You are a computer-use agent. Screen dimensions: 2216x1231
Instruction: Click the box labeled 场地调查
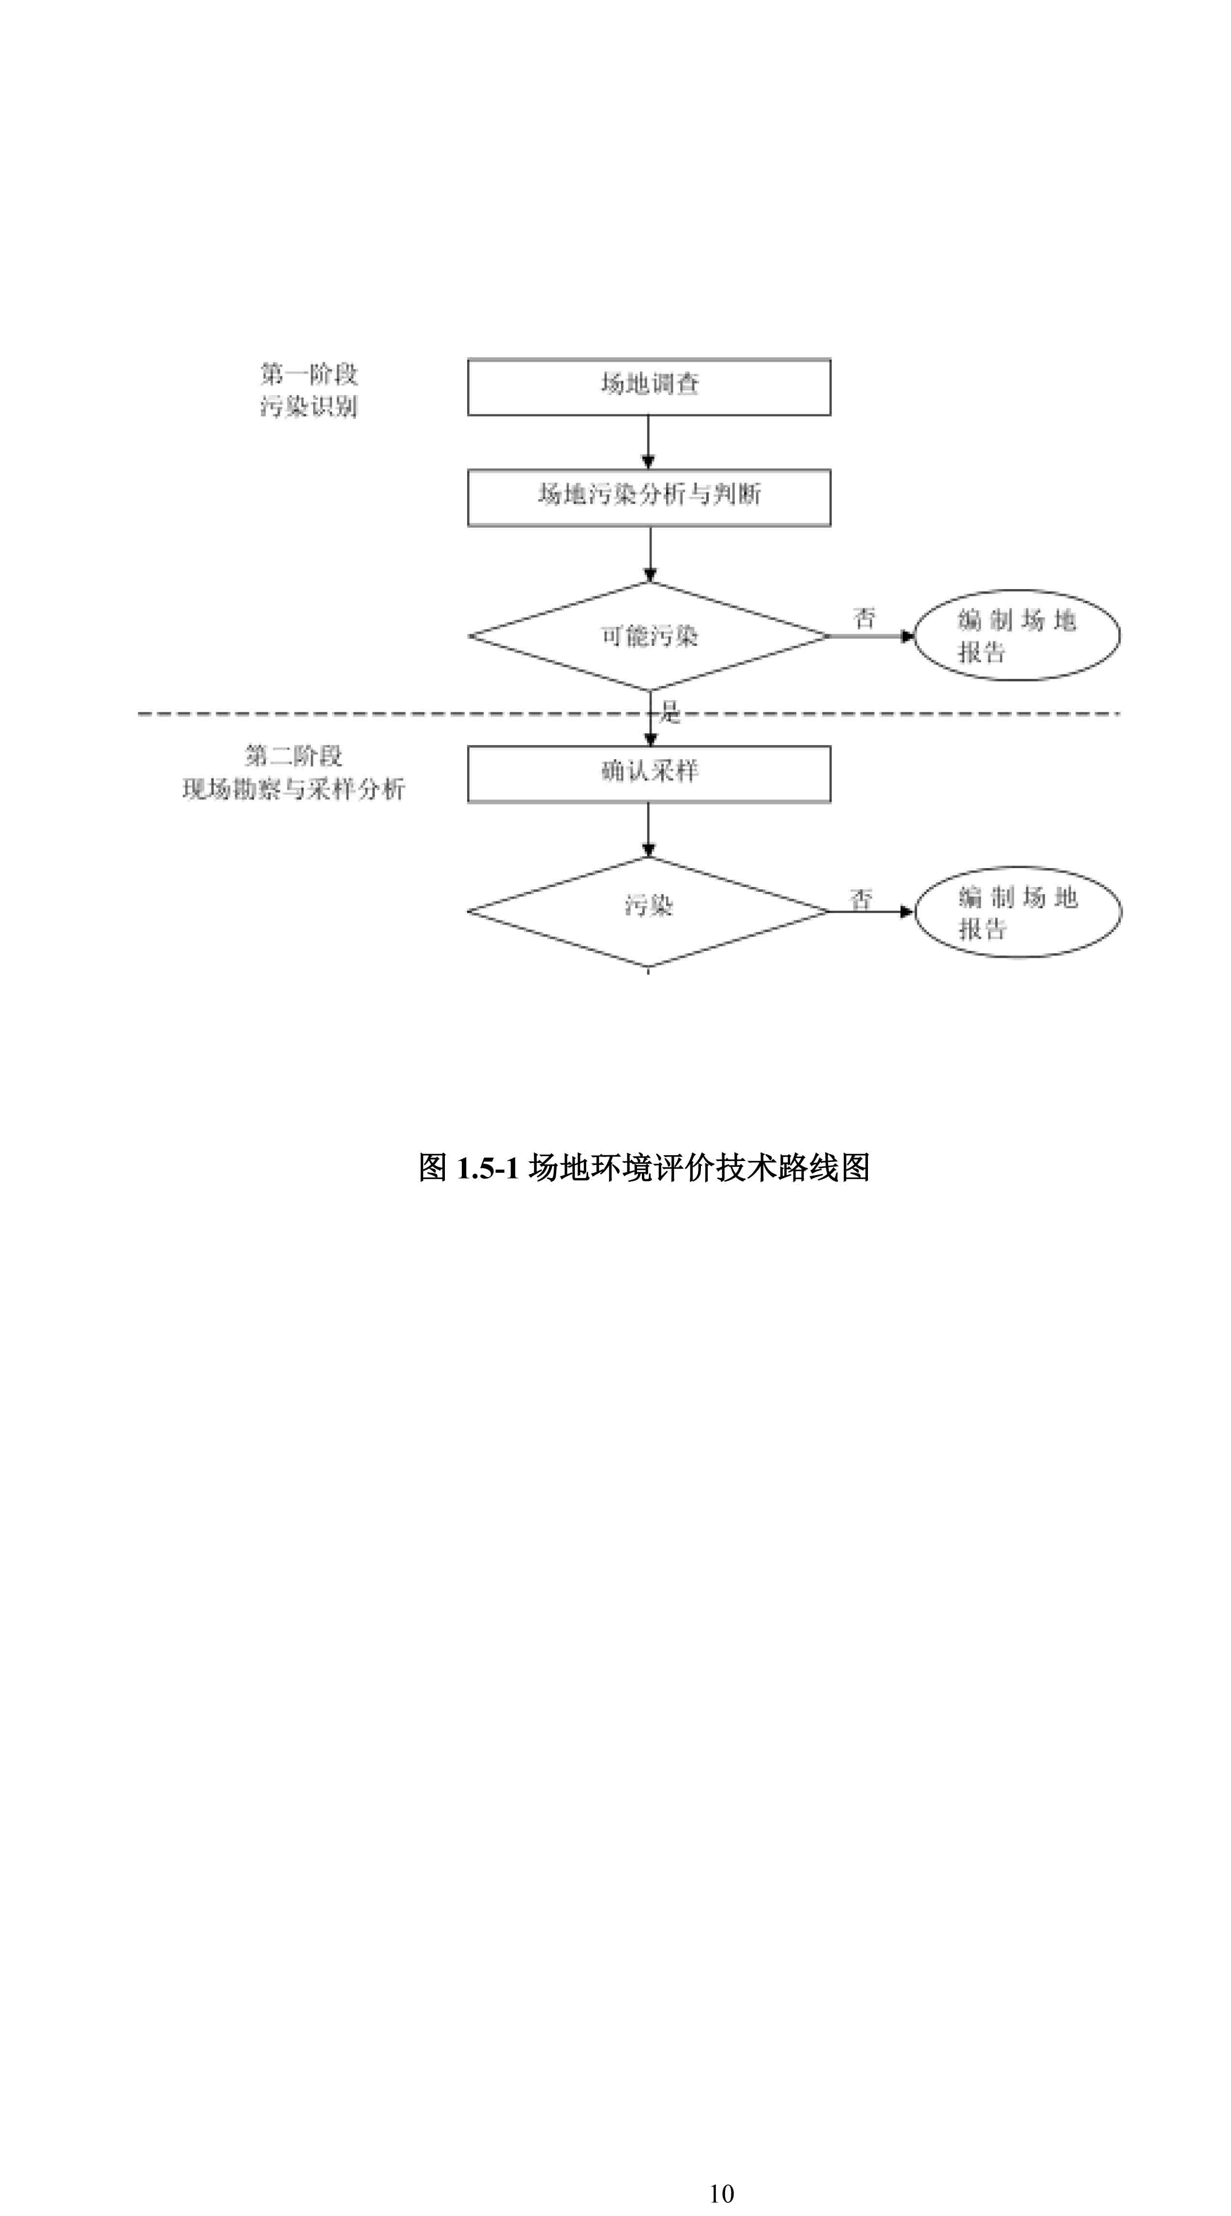tap(649, 387)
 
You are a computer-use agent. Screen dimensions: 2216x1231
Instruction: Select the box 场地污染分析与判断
tap(649, 497)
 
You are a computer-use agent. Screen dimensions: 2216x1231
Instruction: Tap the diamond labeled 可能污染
tap(649, 637)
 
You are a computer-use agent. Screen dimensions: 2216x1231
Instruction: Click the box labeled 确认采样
tap(649, 773)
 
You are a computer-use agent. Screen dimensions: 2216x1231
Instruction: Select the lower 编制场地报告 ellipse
tap(1017, 912)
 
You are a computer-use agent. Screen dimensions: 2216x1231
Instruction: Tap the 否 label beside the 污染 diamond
tap(861, 899)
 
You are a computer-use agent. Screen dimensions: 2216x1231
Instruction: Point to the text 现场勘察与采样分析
tap(293, 789)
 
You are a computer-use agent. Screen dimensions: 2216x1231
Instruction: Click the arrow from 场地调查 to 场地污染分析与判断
tap(649, 442)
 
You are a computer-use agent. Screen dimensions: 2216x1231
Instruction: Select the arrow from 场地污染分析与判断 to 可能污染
tap(650, 553)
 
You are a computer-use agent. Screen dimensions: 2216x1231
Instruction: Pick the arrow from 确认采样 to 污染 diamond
tap(649, 829)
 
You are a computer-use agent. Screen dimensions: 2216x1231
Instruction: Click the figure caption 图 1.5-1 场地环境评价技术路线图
tap(643, 1167)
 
